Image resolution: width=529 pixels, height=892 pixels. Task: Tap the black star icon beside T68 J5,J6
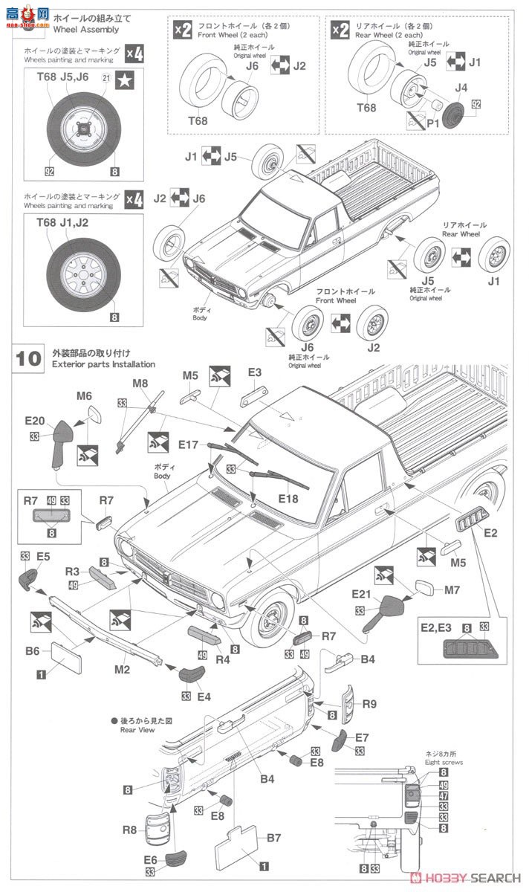pyautogui.click(x=126, y=77)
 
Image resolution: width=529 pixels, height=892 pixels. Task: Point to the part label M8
pyautogui.click(x=140, y=383)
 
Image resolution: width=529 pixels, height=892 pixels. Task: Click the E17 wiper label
pyautogui.click(x=188, y=445)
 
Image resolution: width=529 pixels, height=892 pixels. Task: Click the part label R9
pyautogui.click(x=369, y=702)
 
